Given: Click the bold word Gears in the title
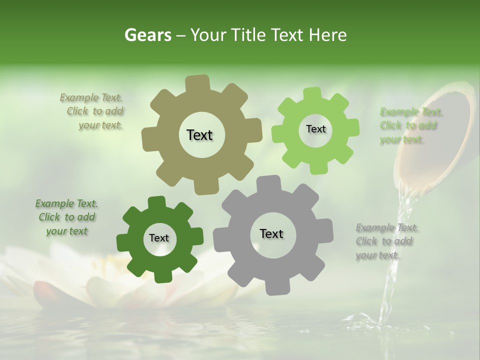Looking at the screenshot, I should [x=147, y=35].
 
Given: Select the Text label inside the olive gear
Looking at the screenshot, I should [x=199, y=135].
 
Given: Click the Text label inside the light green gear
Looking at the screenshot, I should [x=315, y=129].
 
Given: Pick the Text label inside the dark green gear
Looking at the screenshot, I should [x=159, y=238].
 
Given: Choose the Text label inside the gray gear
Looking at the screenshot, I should [x=271, y=234].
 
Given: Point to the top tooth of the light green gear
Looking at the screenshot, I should [x=312, y=94].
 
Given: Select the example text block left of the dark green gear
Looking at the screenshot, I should [x=66, y=217].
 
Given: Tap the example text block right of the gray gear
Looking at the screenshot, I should [x=386, y=241].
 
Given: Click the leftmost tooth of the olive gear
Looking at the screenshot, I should [x=148, y=139].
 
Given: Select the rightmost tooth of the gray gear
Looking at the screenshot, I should [x=326, y=230].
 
